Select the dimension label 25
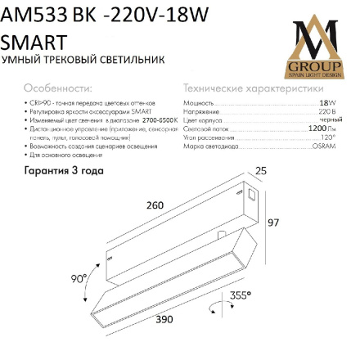click(261, 169)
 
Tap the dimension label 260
click(155, 205)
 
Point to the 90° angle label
click(78, 278)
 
